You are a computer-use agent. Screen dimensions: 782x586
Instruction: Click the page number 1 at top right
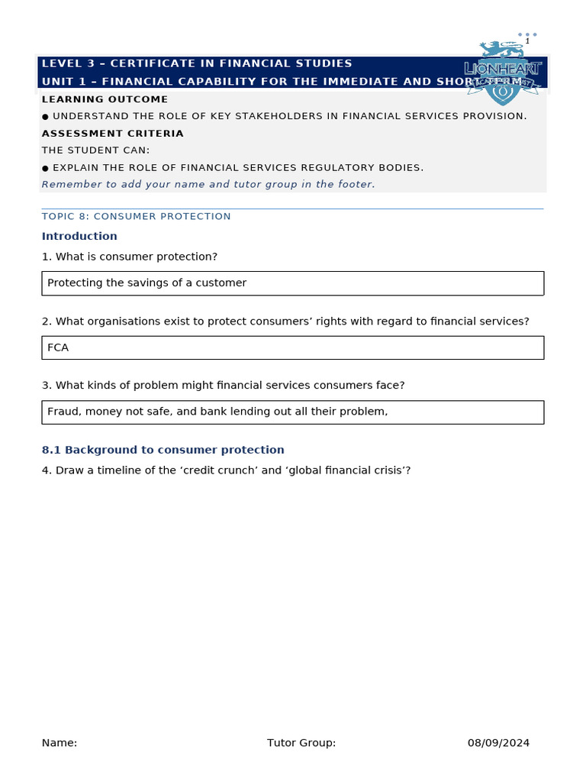[x=526, y=41]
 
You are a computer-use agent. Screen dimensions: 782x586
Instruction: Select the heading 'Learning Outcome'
[x=105, y=99]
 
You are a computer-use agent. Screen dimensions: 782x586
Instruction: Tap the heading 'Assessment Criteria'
[x=112, y=134]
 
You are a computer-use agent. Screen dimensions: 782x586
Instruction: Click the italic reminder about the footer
[x=208, y=184]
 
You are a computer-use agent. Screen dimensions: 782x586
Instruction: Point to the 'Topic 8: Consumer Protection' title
[x=136, y=216]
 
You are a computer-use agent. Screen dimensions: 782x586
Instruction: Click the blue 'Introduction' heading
[x=79, y=236]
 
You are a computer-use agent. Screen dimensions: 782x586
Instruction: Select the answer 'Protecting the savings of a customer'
[x=146, y=283]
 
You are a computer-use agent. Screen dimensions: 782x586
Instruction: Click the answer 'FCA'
[x=58, y=347]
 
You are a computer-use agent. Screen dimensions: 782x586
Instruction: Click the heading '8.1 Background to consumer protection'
[x=163, y=450]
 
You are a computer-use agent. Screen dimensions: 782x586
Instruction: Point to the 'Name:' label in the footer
[x=60, y=742]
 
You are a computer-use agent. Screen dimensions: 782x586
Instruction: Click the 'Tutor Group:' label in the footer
[x=301, y=742]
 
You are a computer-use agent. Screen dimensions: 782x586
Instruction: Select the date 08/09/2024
[x=498, y=742]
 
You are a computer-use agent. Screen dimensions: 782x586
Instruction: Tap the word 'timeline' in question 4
[x=114, y=470]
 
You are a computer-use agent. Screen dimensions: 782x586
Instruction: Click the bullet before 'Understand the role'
[x=46, y=117]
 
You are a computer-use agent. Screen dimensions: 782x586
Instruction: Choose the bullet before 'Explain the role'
[x=46, y=168]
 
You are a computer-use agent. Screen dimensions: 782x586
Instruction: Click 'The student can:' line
[x=95, y=150]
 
